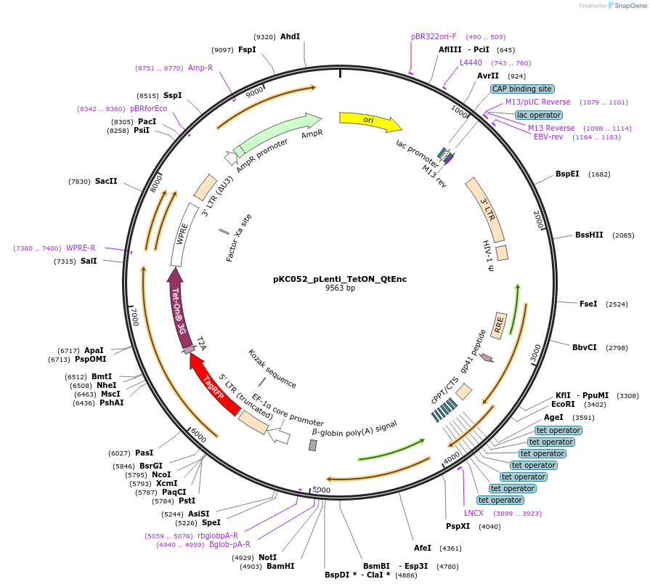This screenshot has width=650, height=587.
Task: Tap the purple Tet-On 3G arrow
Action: pyautogui.click(x=179, y=305)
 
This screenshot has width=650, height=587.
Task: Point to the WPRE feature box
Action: pyautogui.click(x=182, y=234)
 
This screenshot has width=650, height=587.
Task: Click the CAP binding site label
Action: pyautogui.click(x=522, y=89)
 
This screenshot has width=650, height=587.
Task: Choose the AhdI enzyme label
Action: pyautogui.click(x=290, y=36)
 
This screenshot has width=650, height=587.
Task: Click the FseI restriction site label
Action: pyautogui.click(x=588, y=304)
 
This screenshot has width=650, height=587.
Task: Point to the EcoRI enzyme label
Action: pyautogui.click(x=563, y=404)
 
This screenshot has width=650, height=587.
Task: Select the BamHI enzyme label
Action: pyautogui.click(x=280, y=566)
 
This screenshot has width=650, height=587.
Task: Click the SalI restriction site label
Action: pyautogui.click(x=89, y=261)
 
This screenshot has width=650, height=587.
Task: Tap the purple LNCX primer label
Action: pyautogui.click(x=474, y=513)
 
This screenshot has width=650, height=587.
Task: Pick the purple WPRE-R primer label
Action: pyautogui.click(x=81, y=248)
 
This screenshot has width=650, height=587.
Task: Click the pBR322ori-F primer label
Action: pyautogui.click(x=434, y=36)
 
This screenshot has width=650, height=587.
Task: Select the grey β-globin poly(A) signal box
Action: pyautogui.click(x=313, y=445)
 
